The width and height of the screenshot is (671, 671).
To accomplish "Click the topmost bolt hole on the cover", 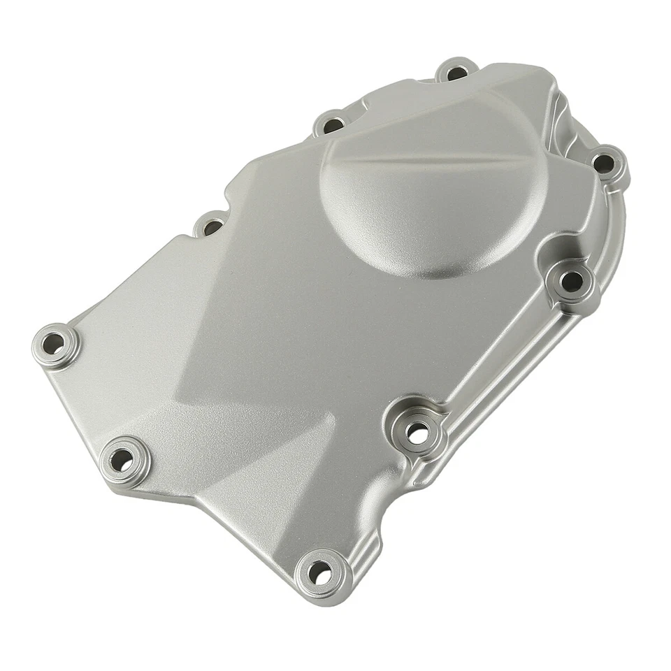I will [x=456, y=72].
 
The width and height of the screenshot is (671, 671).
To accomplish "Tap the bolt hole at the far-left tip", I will [x=55, y=343].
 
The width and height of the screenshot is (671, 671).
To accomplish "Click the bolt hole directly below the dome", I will [x=572, y=282].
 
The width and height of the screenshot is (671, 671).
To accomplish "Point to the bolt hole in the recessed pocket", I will [x=417, y=433].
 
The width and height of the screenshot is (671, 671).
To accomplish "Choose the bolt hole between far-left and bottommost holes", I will [x=121, y=459].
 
